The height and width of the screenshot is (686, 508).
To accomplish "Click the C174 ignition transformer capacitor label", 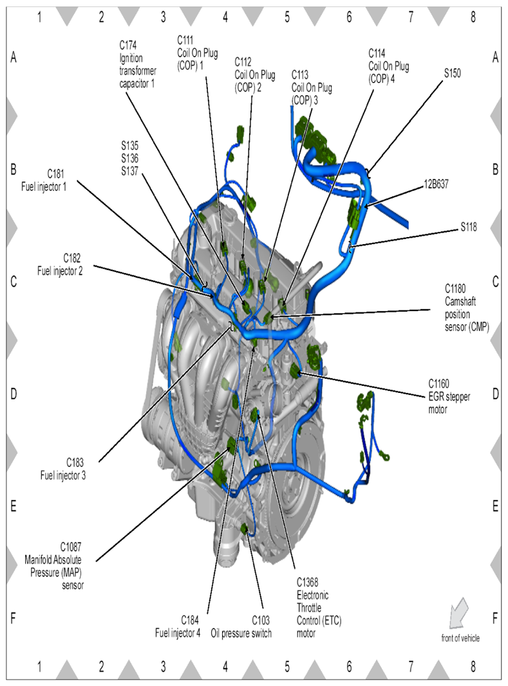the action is coord(138,64).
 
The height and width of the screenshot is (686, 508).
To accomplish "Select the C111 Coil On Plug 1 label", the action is coord(197,53).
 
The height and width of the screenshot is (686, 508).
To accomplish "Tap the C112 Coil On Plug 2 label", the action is coord(255,74).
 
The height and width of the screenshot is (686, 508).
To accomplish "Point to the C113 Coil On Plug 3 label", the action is coord(312,88).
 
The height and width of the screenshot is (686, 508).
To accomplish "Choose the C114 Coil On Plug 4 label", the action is coord(389,66).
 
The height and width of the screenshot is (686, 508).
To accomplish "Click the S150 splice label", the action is coord(452,73).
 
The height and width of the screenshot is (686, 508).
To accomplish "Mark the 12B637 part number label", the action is coord(436,184).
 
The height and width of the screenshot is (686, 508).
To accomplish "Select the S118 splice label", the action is coord(468,227).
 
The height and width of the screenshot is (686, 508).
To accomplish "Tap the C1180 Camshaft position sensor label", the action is coord(466,307).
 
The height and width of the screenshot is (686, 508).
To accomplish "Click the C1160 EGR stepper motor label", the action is coord(449,396).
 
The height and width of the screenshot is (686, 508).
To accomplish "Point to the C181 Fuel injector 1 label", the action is coord(44,180).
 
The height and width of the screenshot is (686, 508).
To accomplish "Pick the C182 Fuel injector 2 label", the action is coord(60,264).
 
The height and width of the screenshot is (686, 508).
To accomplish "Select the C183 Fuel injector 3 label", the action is coord(63,468).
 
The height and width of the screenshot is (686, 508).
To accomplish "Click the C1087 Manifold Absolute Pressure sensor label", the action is coord(54,566).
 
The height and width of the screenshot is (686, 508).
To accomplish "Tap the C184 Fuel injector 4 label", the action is coord(178,627).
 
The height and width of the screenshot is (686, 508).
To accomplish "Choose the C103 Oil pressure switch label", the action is coord(241,627).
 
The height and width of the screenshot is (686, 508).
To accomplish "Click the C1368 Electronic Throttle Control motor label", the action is coord(319,607).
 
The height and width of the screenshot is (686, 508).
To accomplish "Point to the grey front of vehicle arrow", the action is coord(457,613).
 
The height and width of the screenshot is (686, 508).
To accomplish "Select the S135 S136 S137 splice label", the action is coord(130,158).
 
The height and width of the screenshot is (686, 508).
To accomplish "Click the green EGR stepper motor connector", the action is coord(296,370).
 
